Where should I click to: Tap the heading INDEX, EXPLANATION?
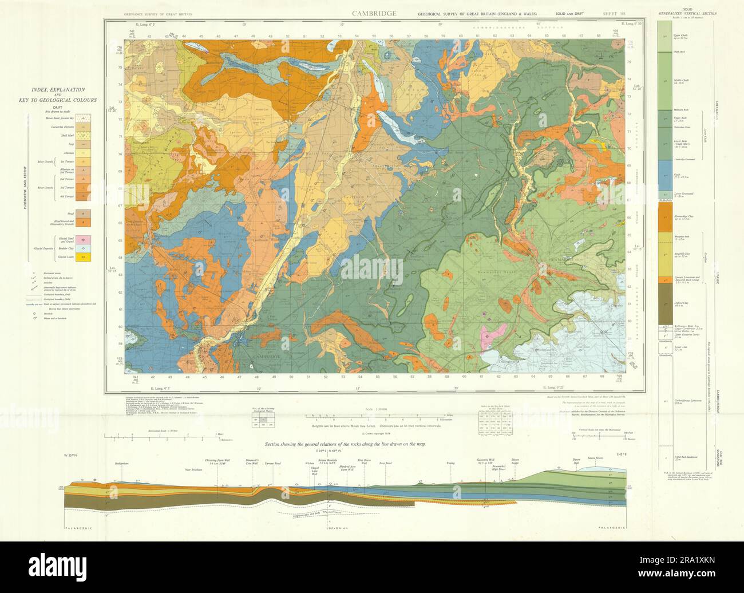tap(58, 90)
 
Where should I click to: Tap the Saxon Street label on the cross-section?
tap(595, 458)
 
